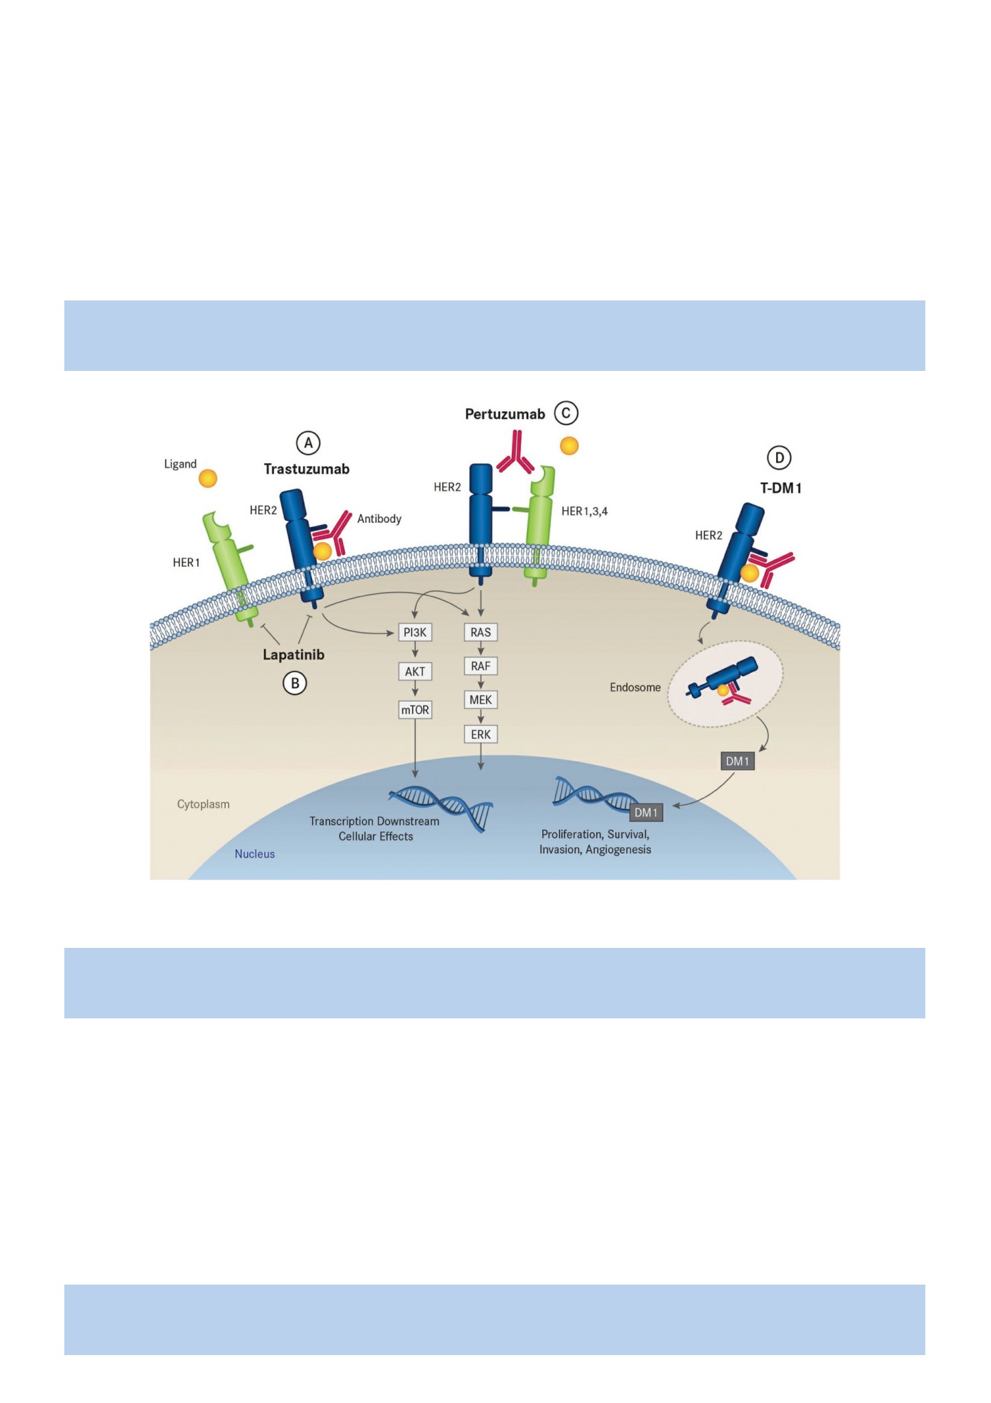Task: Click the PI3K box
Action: [415, 632]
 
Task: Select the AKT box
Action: [415, 671]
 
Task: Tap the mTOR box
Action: [415, 710]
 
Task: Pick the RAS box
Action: [480, 632]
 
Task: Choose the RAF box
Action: [480, 666]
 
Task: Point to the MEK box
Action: [480, 699]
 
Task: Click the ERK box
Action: [480, 734]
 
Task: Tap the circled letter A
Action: [308, 443]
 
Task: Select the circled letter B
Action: [295, 683]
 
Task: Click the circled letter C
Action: [566, 413]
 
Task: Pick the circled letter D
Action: [779, 458]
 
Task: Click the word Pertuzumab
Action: [505, 414]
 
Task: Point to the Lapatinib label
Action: [294, 655]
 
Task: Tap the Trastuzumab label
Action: [307, 469]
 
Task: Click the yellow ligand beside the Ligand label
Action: [208, 478]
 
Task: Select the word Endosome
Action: [635, 687]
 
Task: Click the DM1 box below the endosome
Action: [738, 761]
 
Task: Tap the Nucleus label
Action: [255, 854]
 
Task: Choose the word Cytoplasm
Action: [203, 804]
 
